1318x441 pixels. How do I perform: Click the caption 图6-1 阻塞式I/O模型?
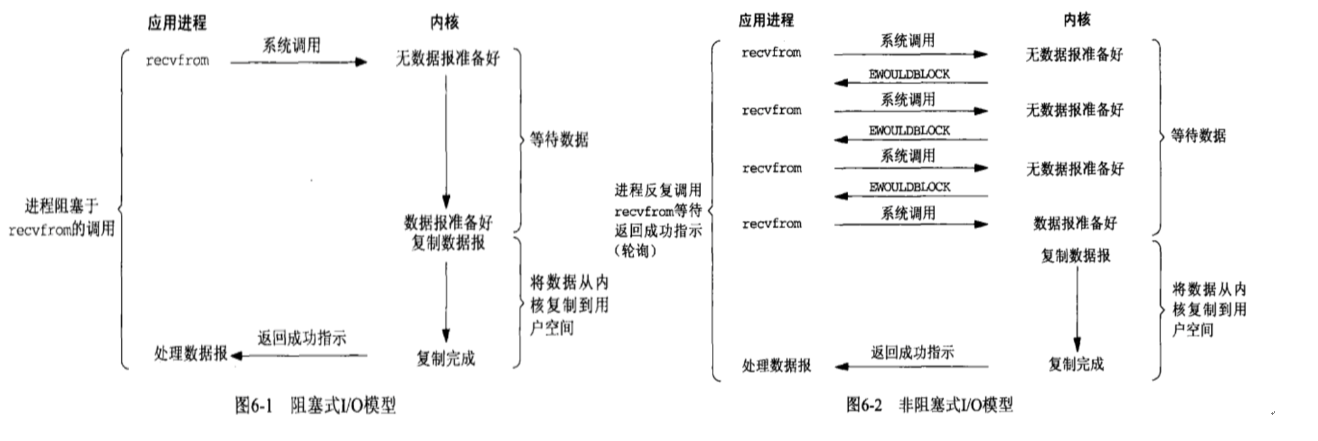pos(315,405)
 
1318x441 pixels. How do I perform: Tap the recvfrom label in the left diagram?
pos(177,60)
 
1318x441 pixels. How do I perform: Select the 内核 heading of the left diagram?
pos(444,22)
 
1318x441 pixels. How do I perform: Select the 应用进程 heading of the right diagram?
pos(766,21)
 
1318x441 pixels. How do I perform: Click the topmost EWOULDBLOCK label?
pos(909,75)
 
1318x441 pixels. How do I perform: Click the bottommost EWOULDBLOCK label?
pos(909,187)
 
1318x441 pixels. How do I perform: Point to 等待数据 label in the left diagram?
pos(559,139)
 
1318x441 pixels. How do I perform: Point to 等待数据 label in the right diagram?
pos(1198,136)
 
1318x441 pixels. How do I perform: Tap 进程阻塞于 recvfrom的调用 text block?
pos(61,217)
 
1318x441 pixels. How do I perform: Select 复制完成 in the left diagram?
pos(445,358)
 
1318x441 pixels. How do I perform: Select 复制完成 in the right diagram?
pos(1076,364)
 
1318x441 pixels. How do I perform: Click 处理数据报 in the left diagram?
pos(190,353)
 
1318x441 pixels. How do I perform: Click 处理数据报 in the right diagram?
pos(776,365)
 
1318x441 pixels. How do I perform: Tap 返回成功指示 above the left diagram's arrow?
pos(301,338)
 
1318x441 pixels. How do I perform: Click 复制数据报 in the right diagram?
pos(1076,256)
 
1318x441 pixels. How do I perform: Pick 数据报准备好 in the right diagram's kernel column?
pos(1075,224)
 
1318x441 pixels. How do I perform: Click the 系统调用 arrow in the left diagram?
pos(298,62)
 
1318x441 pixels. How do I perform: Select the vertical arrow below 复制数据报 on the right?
pos(1077,307)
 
